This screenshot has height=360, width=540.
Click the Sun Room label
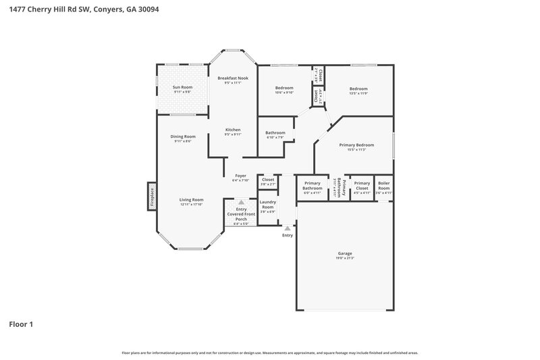182,87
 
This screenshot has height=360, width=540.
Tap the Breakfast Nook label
233,79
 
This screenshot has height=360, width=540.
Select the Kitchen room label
233,130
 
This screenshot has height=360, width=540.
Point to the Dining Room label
183,136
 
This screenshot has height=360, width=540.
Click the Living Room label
192,200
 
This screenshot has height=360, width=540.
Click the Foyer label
241,176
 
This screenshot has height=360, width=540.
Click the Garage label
345,253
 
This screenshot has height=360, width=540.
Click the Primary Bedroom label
356,145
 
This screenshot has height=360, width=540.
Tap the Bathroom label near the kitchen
275,132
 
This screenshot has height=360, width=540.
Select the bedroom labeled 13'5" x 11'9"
358,89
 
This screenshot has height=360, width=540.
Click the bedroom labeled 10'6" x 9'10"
284,89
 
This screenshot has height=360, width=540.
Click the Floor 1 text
21,324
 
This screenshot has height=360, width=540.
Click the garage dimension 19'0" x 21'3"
345,258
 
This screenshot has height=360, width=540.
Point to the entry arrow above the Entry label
288,229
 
